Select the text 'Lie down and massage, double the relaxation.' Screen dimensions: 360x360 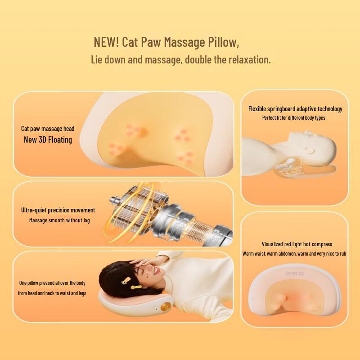pos(181,59)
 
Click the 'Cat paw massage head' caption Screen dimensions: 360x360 pos(48,129)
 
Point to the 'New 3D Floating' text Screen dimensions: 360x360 pos(48,139)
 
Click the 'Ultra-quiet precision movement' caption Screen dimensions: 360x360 pos(58,210)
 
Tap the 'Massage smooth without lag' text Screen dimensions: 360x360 pos(59,220)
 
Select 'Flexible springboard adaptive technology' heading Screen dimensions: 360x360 pos(295,109)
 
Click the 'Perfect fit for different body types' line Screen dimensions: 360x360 pos(293,118)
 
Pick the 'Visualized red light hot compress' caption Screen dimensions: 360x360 pos(297,244)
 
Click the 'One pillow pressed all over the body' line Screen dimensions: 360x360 pos(52,283)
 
